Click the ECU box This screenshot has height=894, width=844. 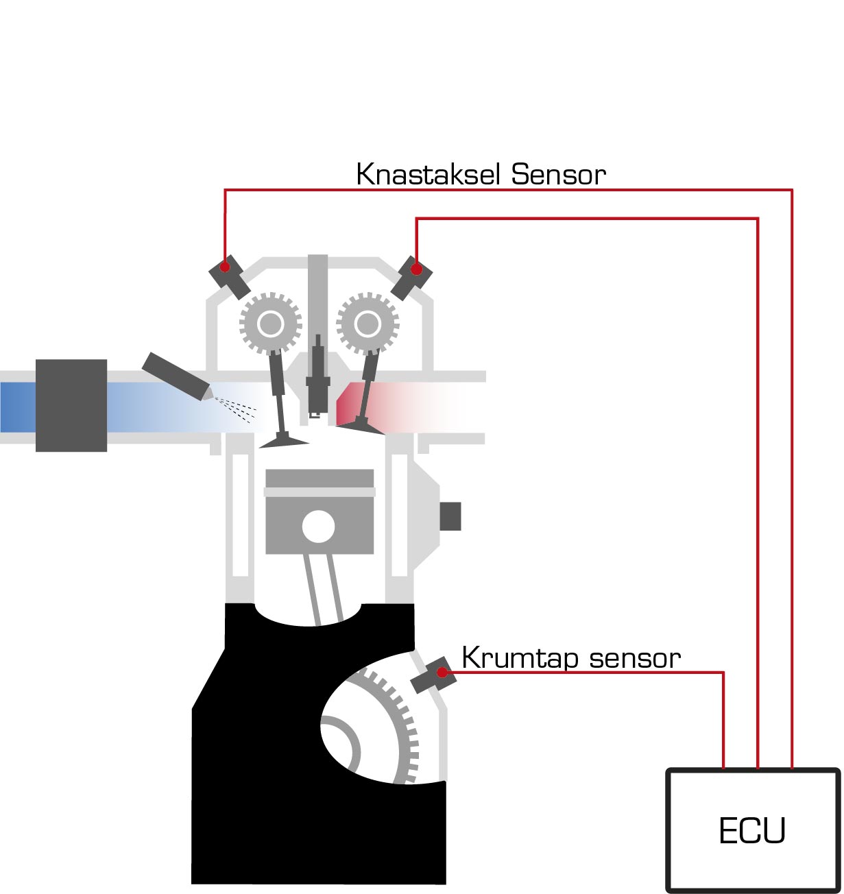click(753, 830)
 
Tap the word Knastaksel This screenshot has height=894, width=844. click(430, 175)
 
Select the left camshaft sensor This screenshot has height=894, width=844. click(230, 276)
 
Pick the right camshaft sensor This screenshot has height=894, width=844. click(411, 277)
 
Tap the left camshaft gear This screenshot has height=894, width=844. click(271, 323)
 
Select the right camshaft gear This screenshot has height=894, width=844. click(367, 323)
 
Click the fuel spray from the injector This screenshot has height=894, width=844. click(237, 409)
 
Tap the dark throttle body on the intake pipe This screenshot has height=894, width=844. click(71, 405)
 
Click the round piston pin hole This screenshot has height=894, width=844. click(318, 527)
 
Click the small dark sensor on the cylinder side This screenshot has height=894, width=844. click(450, 516)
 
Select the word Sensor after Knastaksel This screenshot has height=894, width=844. click(559, 175)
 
